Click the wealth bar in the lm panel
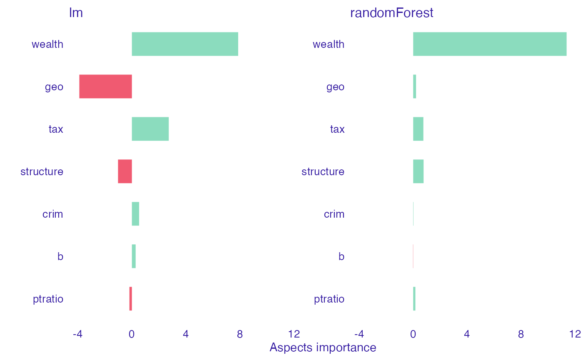pos(184,44)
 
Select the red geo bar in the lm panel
pos(105,87)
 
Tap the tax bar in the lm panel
pos(150,129)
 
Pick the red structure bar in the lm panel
pos(125,171)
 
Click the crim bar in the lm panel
pos(135,214)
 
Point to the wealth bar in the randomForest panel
pos(489,44)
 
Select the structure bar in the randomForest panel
pos(418,171)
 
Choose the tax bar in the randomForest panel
pos(418,129)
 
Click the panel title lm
pos(76,13)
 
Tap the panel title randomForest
pos(391,13)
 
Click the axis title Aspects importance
pos(323,348)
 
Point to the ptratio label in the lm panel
pos(48,299)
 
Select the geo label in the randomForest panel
pos(335,87)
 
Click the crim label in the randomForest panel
pos(334,214)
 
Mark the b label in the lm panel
pos(60,256)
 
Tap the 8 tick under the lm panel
pos(240,334)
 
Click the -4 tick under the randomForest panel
pos(359,334)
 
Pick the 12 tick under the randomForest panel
pos(575,334)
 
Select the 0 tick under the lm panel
pos(132,334)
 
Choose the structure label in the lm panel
pos(42,171)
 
